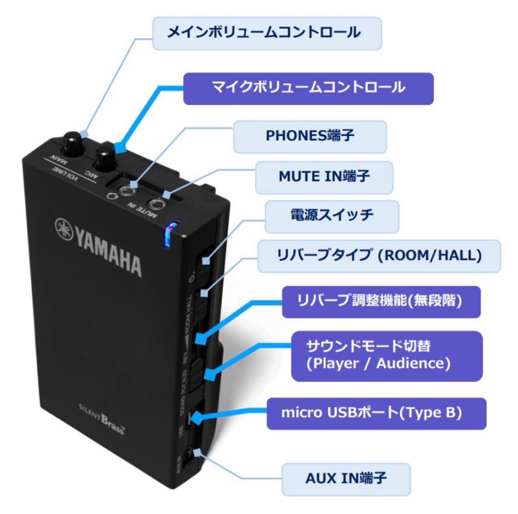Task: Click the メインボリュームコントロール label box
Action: (x=267, y=33)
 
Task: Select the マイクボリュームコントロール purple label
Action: (x=308, y=88)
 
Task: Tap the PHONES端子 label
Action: (x=310, y=137)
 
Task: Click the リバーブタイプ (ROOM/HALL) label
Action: (x=379, y=256)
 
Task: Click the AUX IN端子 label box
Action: (x=346, y=479)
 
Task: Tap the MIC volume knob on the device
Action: (x=105, y=158)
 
